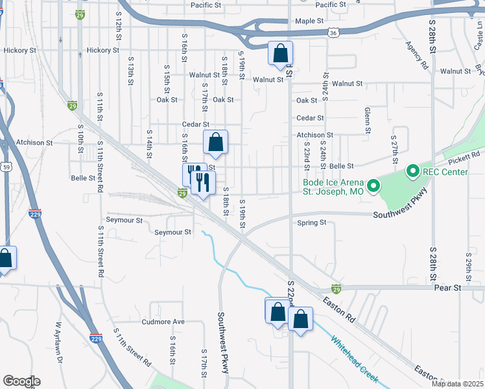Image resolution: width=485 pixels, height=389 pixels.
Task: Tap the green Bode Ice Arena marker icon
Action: [x=373, y=187]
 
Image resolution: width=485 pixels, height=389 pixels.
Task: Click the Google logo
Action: [x=21, y=381]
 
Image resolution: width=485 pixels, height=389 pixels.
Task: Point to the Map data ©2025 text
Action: [x=457, y=384]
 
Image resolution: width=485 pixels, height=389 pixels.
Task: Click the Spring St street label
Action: [x=312, y=222]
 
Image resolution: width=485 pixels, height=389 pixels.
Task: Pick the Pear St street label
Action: [x=447, y=287]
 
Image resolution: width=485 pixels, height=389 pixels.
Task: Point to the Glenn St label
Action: [x=367, y=121]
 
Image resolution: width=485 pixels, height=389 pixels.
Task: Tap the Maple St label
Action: [x=309, y=21]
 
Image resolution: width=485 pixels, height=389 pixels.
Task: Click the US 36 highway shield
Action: [x=332, y=31]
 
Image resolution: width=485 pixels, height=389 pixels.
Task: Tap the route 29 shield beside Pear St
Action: [x=336, y=289]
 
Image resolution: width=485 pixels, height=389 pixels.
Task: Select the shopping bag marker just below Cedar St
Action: [x=215, y=142]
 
